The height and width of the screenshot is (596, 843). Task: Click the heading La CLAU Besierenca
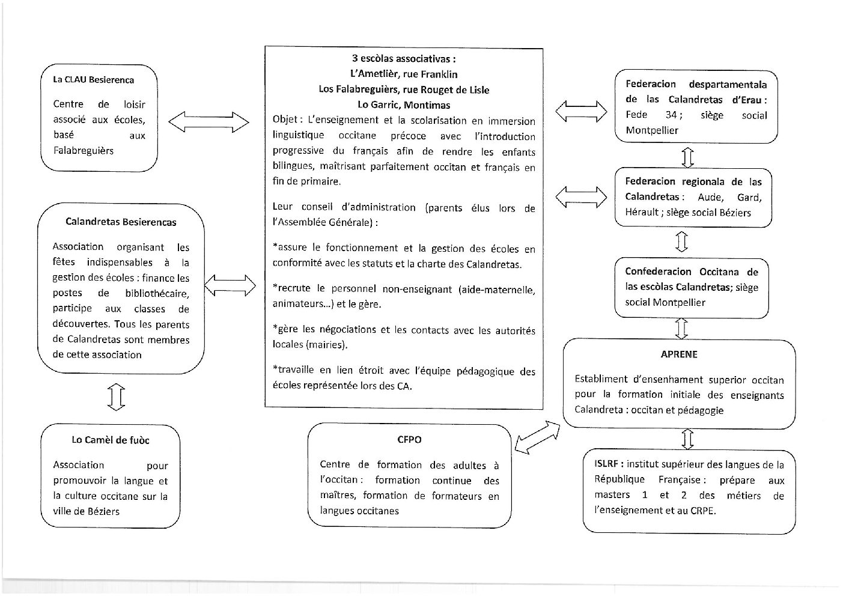(93, 79)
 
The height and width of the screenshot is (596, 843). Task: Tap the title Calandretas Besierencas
(121, 222)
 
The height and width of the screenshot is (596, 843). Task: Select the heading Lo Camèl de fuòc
(111, 440)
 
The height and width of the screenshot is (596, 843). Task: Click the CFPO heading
(409, 439)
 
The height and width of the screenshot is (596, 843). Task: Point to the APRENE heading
(679, 354)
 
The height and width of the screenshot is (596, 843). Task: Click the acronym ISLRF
(607, 464)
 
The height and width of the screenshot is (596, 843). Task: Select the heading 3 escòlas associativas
(404, 58)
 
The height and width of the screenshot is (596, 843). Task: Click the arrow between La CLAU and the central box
(208, 122)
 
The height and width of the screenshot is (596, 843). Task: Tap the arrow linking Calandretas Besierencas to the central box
(230, 285)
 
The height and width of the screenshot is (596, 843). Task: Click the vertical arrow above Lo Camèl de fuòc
(116, 397)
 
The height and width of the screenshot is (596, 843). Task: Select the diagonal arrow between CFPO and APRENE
(537, 437)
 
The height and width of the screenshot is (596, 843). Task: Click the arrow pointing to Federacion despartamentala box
(581, 111)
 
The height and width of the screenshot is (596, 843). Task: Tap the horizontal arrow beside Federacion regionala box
(581, 196)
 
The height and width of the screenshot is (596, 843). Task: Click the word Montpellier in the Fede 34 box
(652, 130)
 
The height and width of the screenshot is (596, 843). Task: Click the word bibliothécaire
(157, 293)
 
